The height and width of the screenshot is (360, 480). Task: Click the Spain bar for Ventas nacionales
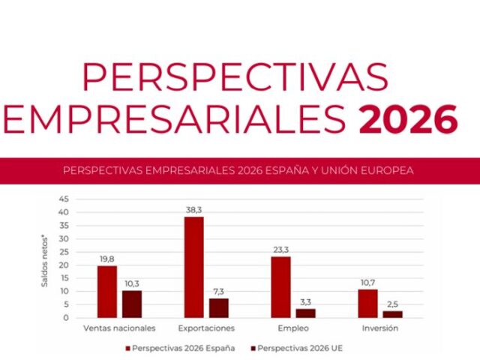(x=106, y=292)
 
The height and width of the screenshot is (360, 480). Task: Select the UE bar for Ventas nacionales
(x=132, y=304)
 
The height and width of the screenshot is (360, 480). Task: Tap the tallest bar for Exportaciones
(x=194, y=267)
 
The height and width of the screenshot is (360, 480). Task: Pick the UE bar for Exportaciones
(x=219, y=307)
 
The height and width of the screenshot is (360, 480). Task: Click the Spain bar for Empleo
(x=281, y=287)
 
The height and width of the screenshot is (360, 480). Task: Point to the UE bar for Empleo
(x=306, y=313)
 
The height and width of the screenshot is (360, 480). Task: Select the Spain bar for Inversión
(x=367, y=304)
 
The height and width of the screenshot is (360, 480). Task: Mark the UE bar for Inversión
(x=393, y=314)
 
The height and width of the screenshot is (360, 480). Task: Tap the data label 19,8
(x=107, y=259)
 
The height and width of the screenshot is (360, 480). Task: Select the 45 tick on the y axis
(x=64, y=199)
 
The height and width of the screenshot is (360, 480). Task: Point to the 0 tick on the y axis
(x=66, y=317)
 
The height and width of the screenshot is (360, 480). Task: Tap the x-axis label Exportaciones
(x=206, y=328)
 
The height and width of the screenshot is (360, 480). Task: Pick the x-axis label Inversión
(x=381, y=328)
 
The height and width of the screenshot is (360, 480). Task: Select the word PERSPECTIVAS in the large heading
(x=235, y=77)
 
